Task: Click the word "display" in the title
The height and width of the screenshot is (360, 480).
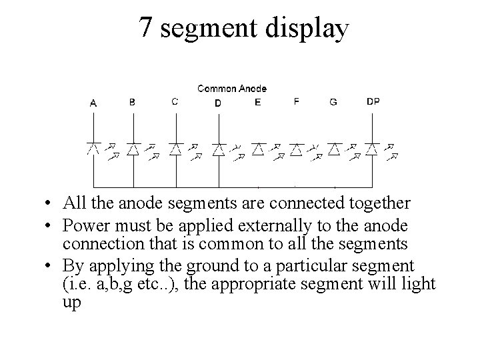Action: click(308, 28)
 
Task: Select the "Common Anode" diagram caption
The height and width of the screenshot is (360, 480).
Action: click(232, 88)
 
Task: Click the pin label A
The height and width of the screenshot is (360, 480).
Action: click(93, 103)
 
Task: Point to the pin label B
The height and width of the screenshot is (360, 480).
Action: click(132, 102)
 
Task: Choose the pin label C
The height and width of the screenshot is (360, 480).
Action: click(175, 102)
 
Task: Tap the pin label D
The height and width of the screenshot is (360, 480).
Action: click(218, 103)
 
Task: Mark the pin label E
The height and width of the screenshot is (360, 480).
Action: click(258, 102)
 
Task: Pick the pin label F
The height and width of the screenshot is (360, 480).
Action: click(297, 102)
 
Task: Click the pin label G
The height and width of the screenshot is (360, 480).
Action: click(333, 102)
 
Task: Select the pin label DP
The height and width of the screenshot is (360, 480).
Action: click(373, 102)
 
